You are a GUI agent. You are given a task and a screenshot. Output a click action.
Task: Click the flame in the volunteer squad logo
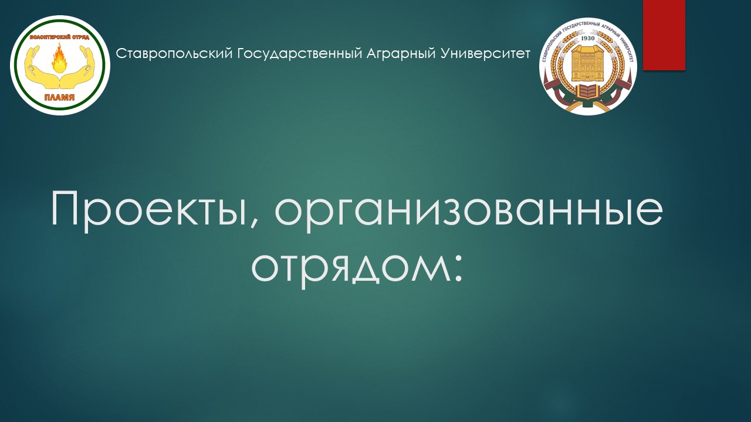click(x=60, y=59)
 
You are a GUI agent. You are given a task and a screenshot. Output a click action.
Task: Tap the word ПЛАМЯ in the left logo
click(x=60, y=97)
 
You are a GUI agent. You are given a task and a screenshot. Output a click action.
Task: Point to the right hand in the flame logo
click(x=79, y=67)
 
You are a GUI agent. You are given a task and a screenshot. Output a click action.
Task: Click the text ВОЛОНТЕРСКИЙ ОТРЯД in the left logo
click(x=60, y=37)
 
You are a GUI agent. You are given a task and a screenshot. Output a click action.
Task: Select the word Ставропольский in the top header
click(x=174, y=53)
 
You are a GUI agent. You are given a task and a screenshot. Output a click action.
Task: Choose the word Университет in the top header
click(x=485, y=53)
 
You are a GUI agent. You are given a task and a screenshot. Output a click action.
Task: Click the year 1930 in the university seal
click(x=587, y=38)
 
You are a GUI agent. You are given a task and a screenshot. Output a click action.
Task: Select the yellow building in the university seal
click(x=588, y=63)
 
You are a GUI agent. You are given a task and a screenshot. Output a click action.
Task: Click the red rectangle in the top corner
click(x=664, y=35)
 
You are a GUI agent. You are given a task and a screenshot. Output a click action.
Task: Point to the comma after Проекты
click(x=255, y=225)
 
